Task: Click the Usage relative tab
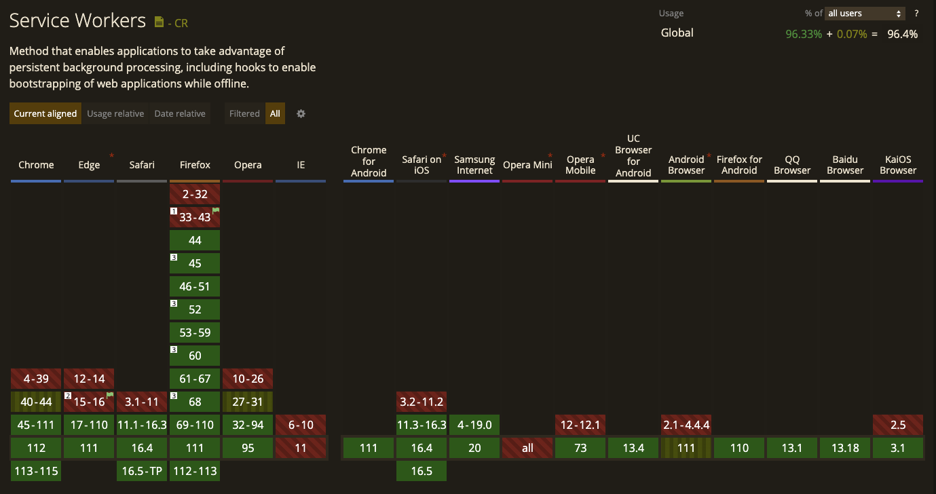click(x=115, y=113)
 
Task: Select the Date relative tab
click(x=180, y=113)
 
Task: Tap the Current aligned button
click(x=45, y=113)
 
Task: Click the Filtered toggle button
click(x=244, y=113)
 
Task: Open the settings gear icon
click(x=301, y=113)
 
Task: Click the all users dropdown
click(x=865, y=14)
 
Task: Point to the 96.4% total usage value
click(x=902, y=34)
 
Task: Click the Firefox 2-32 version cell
click(x=195, y=194)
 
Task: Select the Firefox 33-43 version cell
click(x=195, y=217)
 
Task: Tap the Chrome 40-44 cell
click(x=36, y=402)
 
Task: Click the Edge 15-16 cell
click(x=89, y=402)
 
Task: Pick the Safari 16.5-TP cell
click(x=142, y=471)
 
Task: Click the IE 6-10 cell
click(x=301, y=425)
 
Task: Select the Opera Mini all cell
click(x=527, y=448)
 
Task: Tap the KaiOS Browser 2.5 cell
click(x=898, y=425)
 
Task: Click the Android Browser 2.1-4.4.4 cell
click(x=686, y=425)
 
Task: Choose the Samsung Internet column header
click(x=474, y=165)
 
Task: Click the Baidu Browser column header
click(x=845, y=165)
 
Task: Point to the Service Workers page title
click(x=77, y=20)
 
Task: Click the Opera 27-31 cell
click(x=248, y=402)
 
